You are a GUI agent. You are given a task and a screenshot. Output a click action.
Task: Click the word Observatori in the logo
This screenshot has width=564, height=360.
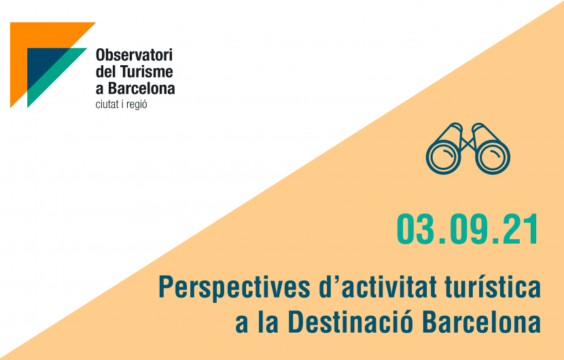(x=134, y=55)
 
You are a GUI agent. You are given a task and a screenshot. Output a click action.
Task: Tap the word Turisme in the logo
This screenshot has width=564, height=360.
(x=146, y=71)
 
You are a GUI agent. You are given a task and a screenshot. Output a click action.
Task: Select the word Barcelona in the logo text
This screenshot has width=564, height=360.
(x=142, y=88)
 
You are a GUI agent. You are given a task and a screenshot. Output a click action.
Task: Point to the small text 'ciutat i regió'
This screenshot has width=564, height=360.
(x=121, y=105)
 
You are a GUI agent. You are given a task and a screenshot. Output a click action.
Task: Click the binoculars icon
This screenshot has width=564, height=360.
(x=468, y=149)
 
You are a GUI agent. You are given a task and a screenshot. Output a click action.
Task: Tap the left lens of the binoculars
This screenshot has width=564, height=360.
(x=444, y=157)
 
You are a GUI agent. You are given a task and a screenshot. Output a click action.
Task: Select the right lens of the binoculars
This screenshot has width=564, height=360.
(x=493, y=157)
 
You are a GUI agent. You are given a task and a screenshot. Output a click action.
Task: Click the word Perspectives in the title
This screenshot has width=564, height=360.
(x=234, y=288)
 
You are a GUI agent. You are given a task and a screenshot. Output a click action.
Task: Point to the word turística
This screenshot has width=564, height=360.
(x=493, y=287)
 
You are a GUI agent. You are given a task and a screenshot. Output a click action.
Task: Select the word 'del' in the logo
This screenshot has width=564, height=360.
(x=105, y=71)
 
